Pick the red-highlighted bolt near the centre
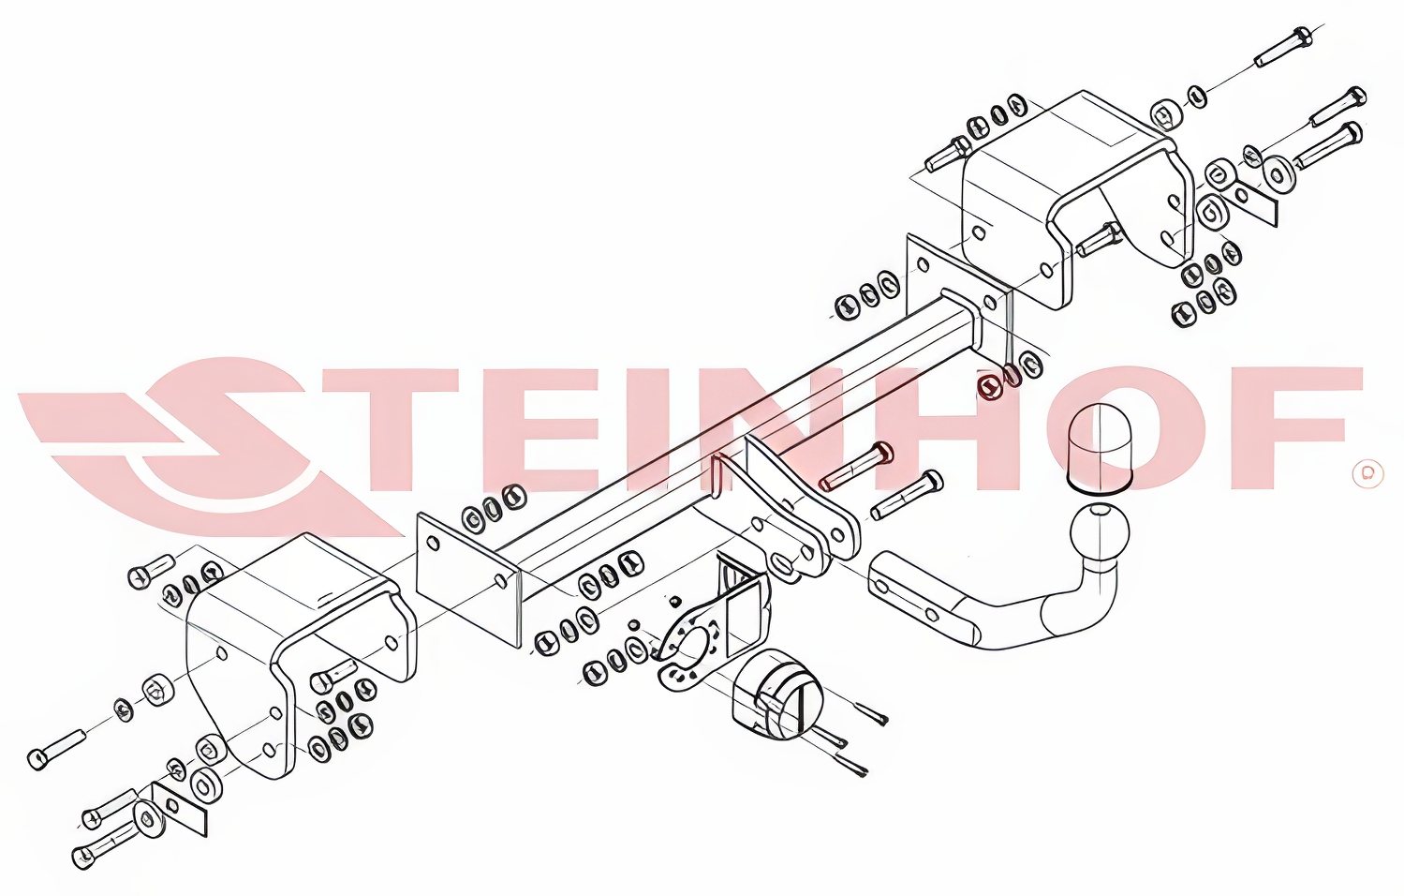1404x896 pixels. (856, 465)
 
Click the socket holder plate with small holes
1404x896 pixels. (689, 646)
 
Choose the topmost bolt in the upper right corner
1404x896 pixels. (1281, 47)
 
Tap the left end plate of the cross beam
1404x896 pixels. (469, 579)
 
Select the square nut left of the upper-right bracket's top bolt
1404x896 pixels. (1166, 114)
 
